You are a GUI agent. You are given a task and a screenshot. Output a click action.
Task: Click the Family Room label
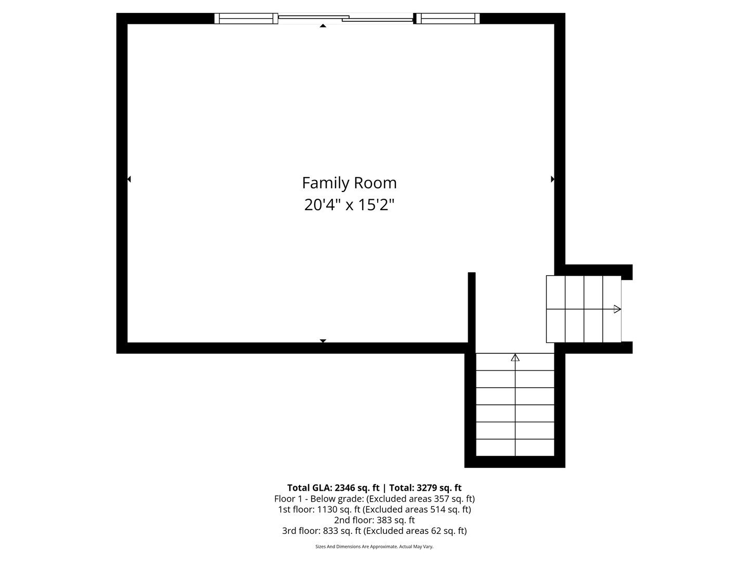tap(349, 183)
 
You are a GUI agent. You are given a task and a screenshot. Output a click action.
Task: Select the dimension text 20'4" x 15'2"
tap(349, 205)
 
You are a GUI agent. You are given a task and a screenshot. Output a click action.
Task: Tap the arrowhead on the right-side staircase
tap(617, 309)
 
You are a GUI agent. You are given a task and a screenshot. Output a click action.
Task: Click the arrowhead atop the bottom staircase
tap(515, 357)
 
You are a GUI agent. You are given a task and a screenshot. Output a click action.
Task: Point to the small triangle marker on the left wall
tap(129, 179)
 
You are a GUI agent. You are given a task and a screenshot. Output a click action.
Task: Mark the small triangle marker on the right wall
tap(552, 179)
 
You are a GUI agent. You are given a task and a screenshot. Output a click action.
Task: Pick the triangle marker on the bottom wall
tap(322, 341)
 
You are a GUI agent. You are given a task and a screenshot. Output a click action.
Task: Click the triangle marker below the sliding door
tap(323, 25)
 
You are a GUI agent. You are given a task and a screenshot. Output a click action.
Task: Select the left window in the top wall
tap(246, 19)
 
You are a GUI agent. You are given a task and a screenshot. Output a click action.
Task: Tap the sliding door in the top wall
tap(345, 19)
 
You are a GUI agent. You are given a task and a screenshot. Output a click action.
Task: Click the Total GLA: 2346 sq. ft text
tap(333, 488)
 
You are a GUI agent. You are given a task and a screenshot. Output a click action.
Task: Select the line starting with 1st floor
tap(374, 509)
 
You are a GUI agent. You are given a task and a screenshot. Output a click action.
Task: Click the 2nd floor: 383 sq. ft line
tap(374, 520)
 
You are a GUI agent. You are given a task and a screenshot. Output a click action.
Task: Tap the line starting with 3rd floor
tap(374, 531)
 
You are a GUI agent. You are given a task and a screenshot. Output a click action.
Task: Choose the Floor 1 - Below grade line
tap(374, 499)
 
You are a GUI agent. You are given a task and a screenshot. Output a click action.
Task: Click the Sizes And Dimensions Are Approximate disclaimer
tap(374, 546)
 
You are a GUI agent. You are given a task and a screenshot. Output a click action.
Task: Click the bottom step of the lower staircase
tap(515, 448)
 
